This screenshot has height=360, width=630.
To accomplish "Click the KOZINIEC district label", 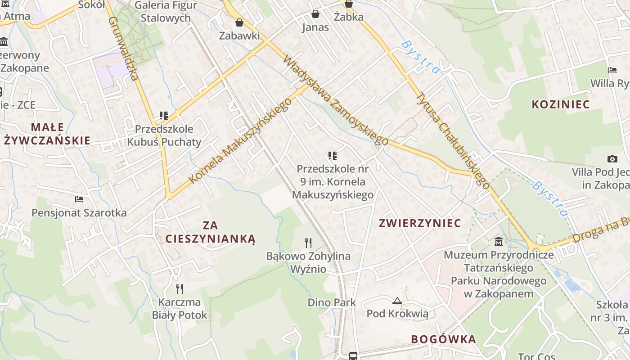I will click(x=560, y=104).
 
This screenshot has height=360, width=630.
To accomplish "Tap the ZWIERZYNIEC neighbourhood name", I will click(x=420, y=223).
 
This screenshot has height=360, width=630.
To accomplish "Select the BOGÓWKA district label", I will click(x=443, y=339).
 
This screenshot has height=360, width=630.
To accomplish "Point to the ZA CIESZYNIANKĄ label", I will click(x=210, y=232).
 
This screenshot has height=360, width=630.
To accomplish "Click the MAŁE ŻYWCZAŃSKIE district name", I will click(x=47, y=134).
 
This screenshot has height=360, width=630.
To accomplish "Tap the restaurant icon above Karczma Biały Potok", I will click(x=180, y=288).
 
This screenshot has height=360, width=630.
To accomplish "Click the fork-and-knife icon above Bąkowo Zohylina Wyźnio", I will click(x=308, y=243).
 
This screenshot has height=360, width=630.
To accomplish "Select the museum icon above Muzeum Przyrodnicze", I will click(x=499, y=242).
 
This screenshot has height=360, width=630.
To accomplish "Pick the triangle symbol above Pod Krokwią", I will click(x=397, y=301).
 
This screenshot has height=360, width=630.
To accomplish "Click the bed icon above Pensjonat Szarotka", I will click(x=79, y=199).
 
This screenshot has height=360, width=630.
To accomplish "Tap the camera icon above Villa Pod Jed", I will click(x=612, y=159).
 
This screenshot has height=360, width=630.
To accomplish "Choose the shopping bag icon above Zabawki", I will click(x=239, y=22).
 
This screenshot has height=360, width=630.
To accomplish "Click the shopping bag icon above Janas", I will click(x=315, y=14).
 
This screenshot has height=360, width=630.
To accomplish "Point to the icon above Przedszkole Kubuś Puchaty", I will click(x=164, y=116).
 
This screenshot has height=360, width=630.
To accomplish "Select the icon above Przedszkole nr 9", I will click(x=333, y=156).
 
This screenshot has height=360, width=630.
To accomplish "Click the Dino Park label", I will click(x=332, y=302).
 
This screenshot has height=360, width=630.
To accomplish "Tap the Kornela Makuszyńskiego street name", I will click(x=239, y=140).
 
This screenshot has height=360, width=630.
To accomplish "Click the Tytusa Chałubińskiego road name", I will click(x=452, y=140).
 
